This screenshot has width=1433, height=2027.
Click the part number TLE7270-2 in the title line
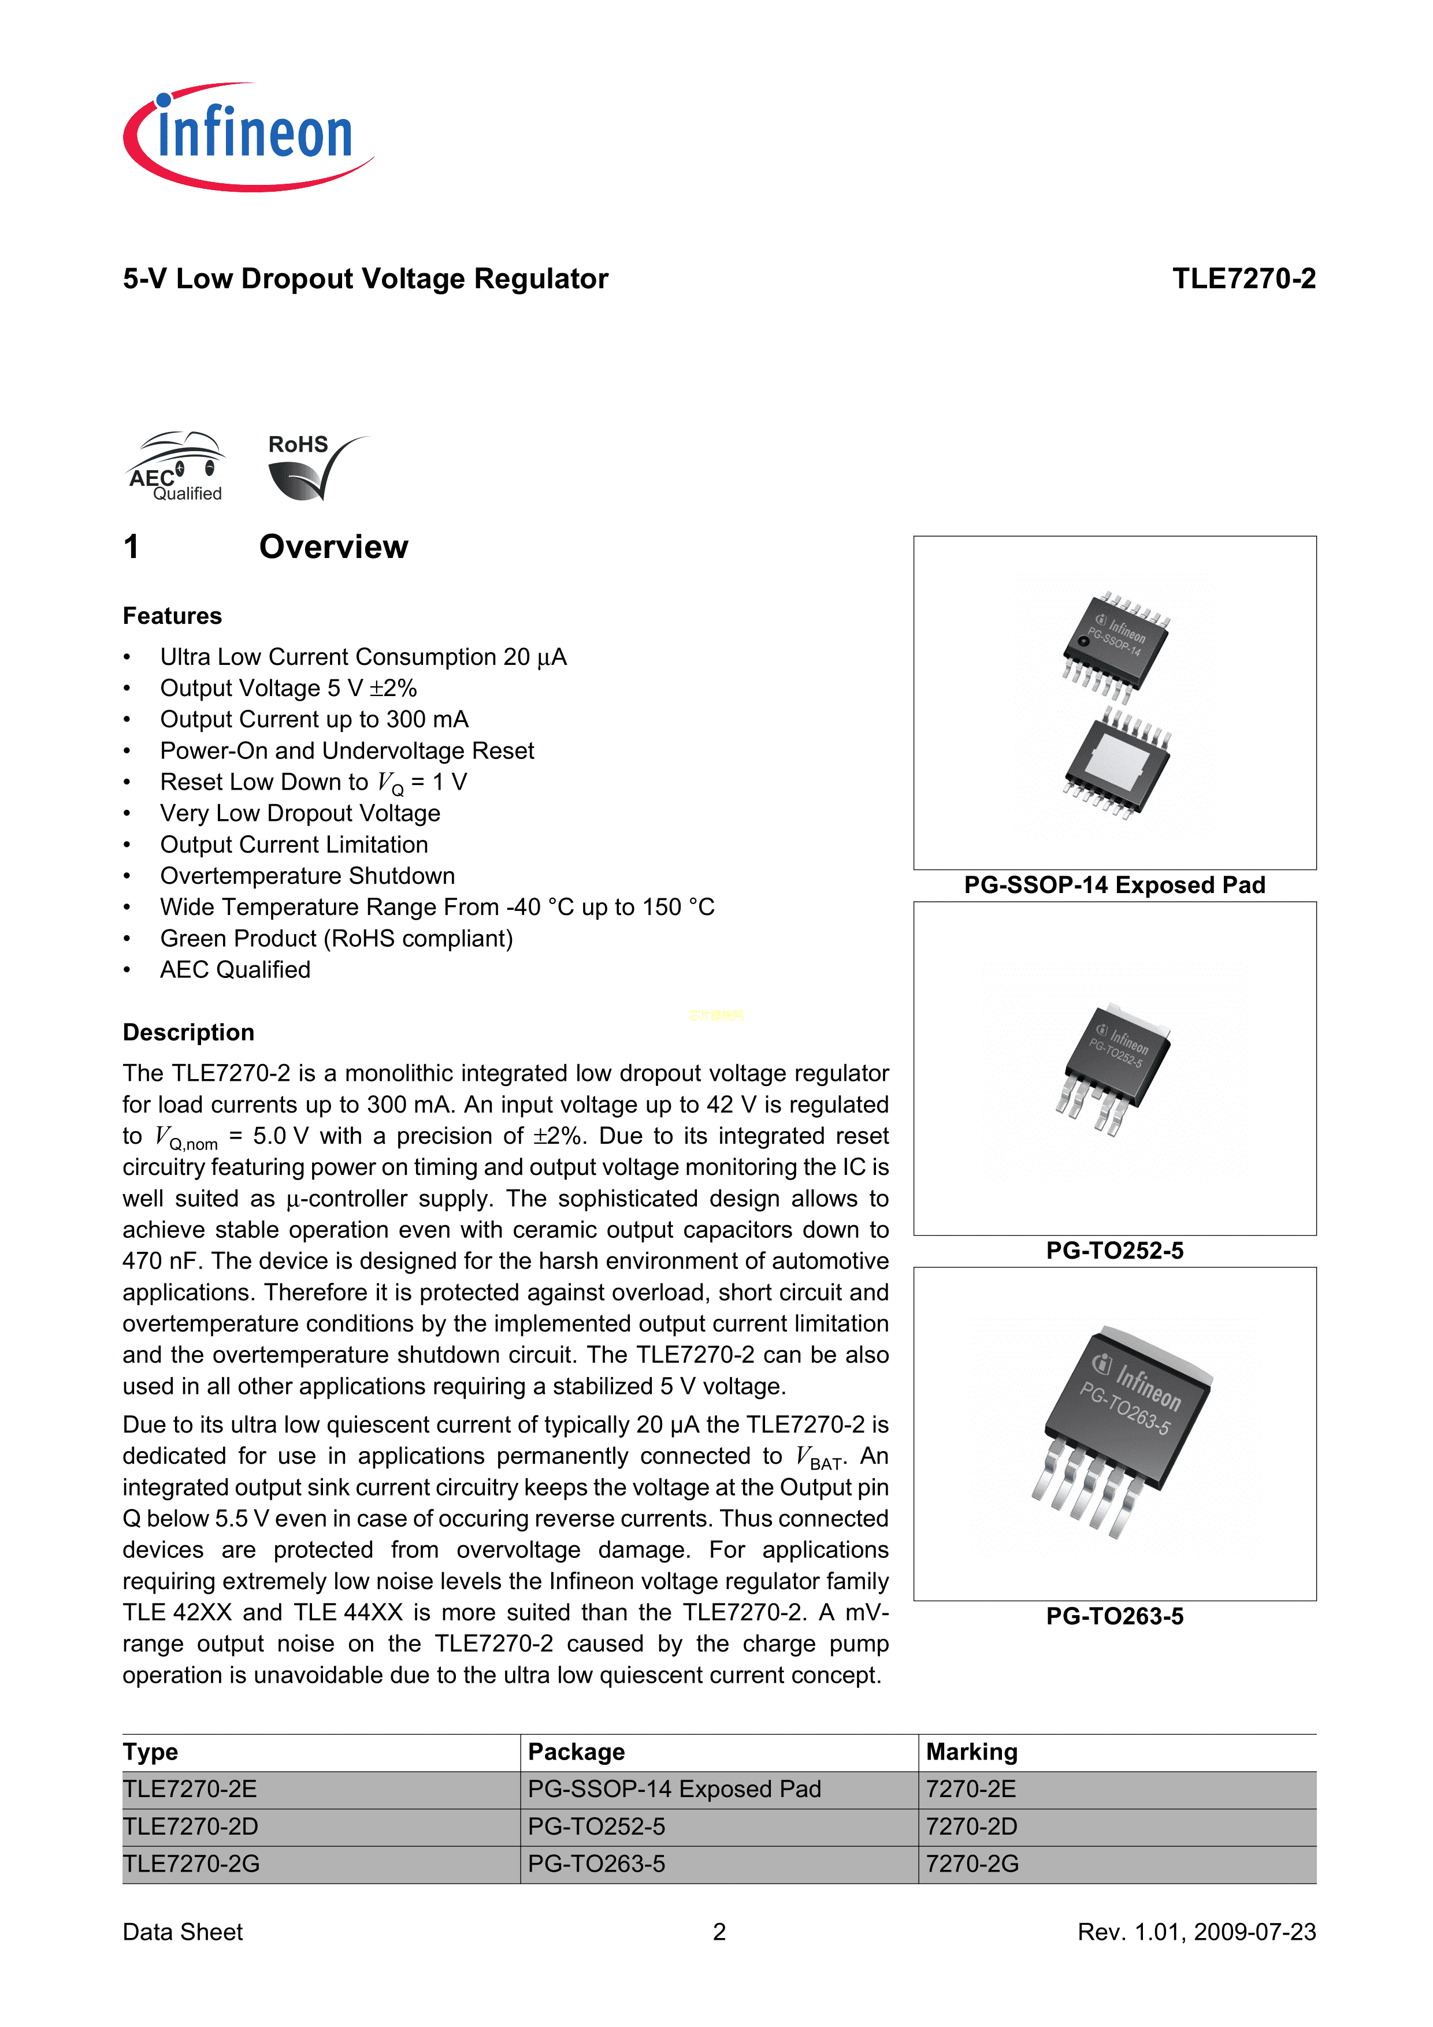(1243, 279)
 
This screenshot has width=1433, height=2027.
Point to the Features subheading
(172, 616)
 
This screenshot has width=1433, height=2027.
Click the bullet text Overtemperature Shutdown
(307, 876)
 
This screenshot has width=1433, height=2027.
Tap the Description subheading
(188, 1032)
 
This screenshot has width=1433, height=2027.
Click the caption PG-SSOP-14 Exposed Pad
(1114, 886)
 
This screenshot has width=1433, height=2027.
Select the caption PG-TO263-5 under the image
(1114, 1616)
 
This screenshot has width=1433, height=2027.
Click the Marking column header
(971, 1753)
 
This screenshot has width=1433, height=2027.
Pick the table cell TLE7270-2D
(191, 1827)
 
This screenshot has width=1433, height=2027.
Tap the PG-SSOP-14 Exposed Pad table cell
(674, 1790)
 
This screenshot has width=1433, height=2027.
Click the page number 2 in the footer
(719, 1932)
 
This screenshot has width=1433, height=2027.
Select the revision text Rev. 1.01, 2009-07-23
(1196, 1932)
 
